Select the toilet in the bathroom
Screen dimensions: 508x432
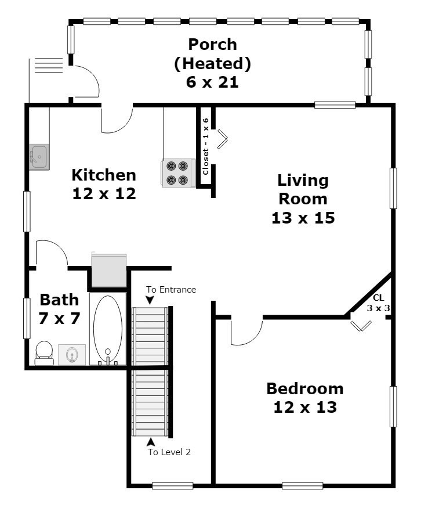(44, 352)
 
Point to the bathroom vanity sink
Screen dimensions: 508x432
(72, 354)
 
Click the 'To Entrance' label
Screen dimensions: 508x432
(171, 289)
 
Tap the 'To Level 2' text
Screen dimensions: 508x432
(169, 452)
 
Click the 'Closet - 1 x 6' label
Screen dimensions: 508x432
(205, 146)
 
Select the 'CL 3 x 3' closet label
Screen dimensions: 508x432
(378, 303)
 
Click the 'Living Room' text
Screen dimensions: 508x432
(302, 189)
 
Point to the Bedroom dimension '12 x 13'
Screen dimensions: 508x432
(305, 407)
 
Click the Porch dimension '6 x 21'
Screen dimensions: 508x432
(212, 82)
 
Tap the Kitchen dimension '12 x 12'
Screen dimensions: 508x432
(104, 193)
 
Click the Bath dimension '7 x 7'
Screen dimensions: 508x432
(60, 318)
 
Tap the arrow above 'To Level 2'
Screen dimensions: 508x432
(151, 442)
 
